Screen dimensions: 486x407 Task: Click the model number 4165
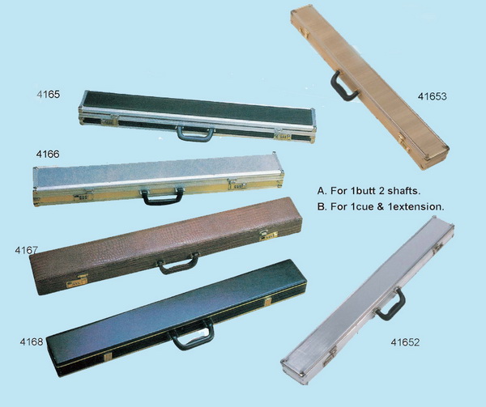[48, 95]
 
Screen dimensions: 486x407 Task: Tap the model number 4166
[48, 154]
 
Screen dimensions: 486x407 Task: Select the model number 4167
[27, 250]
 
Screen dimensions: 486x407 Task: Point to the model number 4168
[32, 341]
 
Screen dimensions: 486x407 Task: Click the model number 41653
[433, 96]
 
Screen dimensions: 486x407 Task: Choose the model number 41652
[405, 342]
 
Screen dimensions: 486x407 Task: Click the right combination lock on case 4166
[237, 186]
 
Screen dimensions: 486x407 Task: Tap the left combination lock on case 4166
[83, 197]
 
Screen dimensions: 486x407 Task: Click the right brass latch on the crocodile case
[268, 235]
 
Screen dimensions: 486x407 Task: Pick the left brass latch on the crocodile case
[77, 282]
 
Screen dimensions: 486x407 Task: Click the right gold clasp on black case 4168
[268, 301]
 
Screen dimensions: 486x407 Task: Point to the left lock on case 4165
[109, 121]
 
